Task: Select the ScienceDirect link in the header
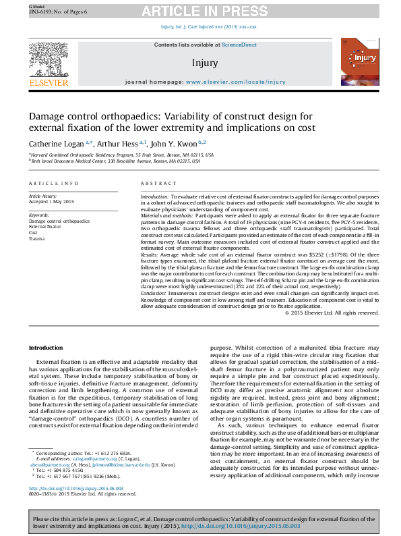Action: pyautogui.click(x=240, y=45)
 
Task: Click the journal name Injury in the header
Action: pyautogui.click(x=204, y=63)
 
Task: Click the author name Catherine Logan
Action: pyautogui.click(x=56, y=143)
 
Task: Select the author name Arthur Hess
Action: pyautogui.click(x=116, y=143)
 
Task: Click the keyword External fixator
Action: pyautogui.click(x=44, y=227)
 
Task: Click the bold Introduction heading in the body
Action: pyautogui.click(x=45, y=348)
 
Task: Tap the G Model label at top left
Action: pyautogui.click(x=37, y=5)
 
